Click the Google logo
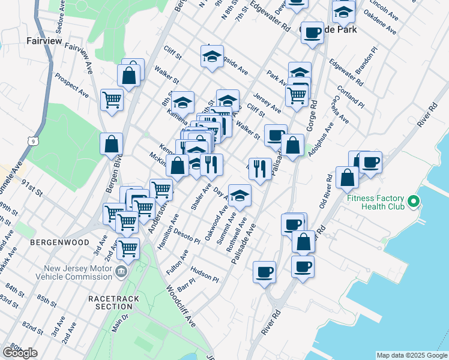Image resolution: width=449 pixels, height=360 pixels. pos(20,352)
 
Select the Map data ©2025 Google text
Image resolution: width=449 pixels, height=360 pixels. pos(411,355)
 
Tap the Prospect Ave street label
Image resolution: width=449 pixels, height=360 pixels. pos(71,86)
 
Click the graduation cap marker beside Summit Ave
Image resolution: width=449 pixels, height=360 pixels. pos(240,195)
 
